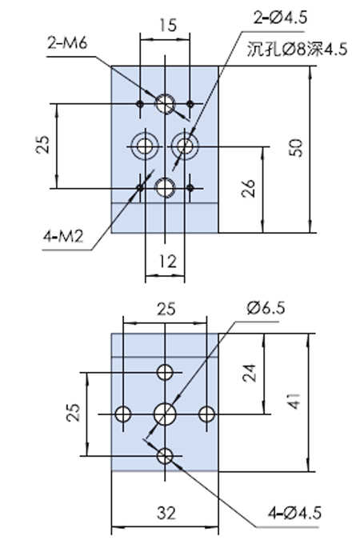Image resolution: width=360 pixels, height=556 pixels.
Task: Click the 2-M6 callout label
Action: click(x=67, y=43)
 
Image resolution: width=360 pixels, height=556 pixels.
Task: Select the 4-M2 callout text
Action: click(x=63, y=236)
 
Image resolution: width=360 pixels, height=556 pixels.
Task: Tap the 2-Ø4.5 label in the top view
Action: click(x=280, y=18)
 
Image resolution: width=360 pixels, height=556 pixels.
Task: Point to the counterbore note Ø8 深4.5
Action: click(x=297, y=50)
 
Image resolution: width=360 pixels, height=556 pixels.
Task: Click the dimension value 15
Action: click(x=168, y=26)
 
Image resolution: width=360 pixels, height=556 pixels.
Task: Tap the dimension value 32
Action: click(x=166, y=513)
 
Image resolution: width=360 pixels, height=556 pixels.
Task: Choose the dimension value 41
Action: click(x=294, y=401)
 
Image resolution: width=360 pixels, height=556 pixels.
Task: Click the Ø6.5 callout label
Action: click(x=266, y=308)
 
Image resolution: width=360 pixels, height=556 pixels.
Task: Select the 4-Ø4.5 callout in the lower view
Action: click(x=294, y=513)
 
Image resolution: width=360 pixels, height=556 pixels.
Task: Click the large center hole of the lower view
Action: click(x=165, y=414)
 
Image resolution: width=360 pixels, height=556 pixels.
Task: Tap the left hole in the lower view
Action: click(x=123, y=414)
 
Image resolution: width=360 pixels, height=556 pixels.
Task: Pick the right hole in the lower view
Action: click(x=206, y=414)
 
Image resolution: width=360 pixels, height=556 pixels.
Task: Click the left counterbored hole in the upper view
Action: click(x=144, y=146)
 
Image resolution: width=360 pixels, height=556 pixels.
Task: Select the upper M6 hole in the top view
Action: click(x=165, y=103)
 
